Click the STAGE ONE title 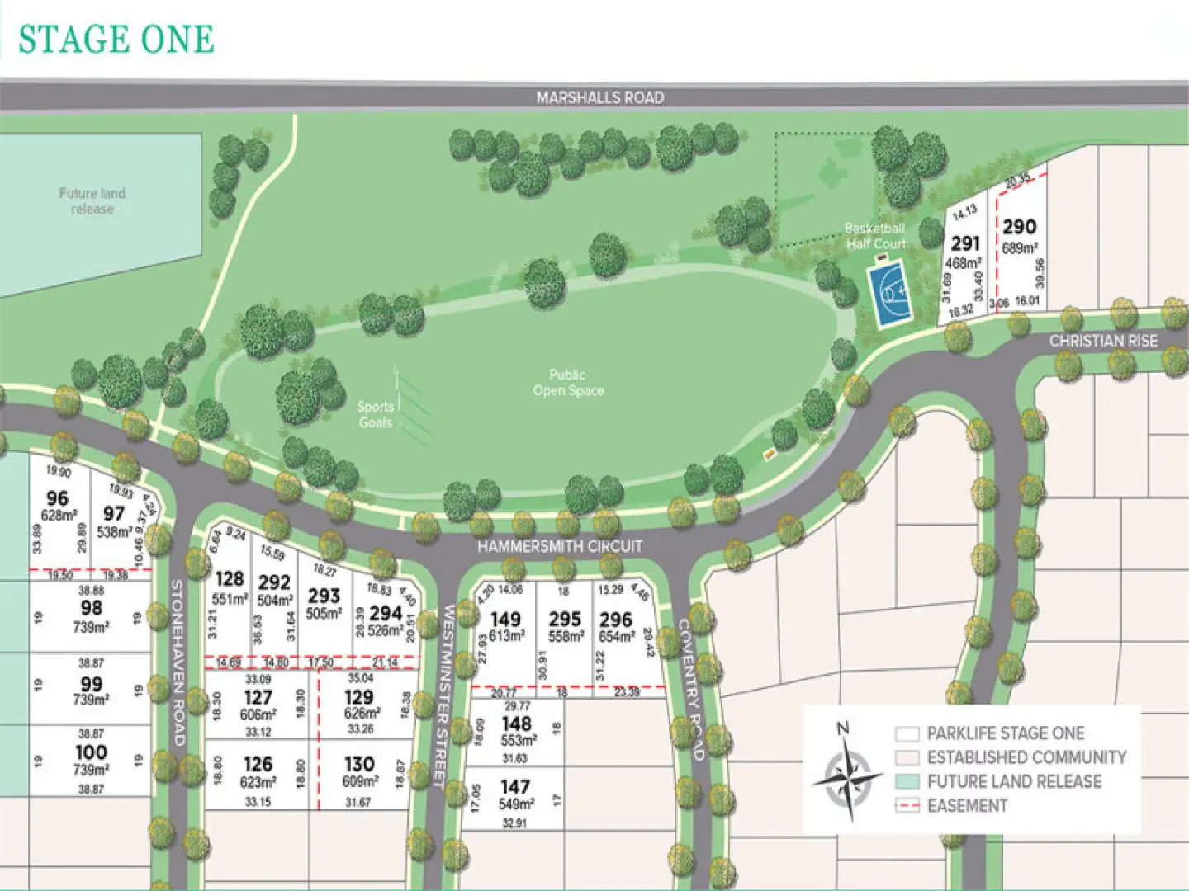point(116,40)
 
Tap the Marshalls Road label point(599,97)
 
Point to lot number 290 point(1019,227)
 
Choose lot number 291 point(964,244)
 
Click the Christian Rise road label point(1103,341)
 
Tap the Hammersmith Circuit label point(559,546)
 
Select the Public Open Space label point(568,383)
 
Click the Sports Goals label point(375,414)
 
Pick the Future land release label point(92,201)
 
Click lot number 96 point(58,498)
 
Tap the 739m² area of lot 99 point(91,700)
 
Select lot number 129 point(359,697)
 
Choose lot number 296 point(616,620)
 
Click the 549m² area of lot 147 point(516,804)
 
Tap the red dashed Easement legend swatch point(907,805)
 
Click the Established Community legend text point(1026,757)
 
